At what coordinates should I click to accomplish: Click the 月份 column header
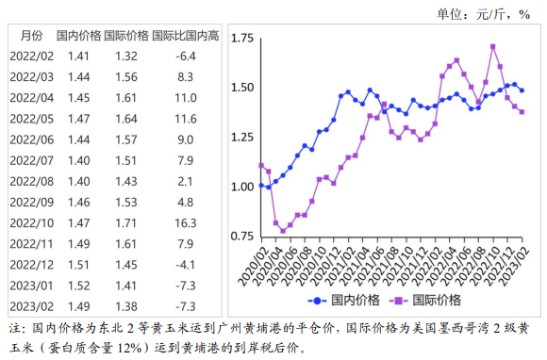[x=31, y=35]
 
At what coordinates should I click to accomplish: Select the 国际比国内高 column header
[x=185, y=35]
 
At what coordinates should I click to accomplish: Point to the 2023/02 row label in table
[x=32, y=307]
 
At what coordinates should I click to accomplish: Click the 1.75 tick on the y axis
[x=243, y=39]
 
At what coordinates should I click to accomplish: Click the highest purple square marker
[x=493, y=46]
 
